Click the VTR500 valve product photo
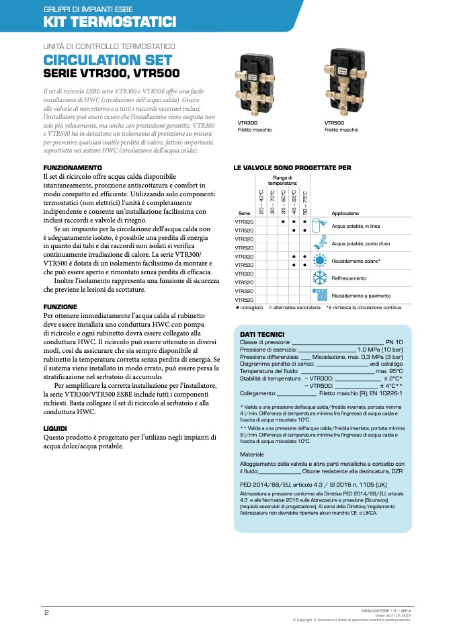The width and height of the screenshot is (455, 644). pyautogui.click(x=345, y=83)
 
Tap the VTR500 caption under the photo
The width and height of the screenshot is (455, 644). pyautogui.click(x=335, y=123)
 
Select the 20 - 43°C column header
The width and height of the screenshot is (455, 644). pyautogui.click(x=261, y=196)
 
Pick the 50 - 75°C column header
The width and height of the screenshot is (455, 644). pyautogui.click(x=305, y=196)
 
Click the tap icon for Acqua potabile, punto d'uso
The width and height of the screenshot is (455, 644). pyautogui.click(x=321, y=242)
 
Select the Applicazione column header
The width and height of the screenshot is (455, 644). pyautogui.click(x=345, y=213)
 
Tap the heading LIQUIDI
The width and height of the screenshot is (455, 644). pyautogui.click(x=55, y=428)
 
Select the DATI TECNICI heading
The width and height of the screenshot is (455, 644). pyautogui.click(x=262, y=334)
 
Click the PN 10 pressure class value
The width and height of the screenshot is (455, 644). pyautogui.click(x=394, y=342)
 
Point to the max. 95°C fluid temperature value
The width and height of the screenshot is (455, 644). pyautogui.click(x=389, y=371)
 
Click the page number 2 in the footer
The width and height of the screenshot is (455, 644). pyautogui.click(x=46, y=612)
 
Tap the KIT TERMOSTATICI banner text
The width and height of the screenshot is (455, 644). pyautogui.click(x=110, y=22)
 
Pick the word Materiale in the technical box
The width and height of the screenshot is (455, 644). pyautogui.click(x=253, y=454)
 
